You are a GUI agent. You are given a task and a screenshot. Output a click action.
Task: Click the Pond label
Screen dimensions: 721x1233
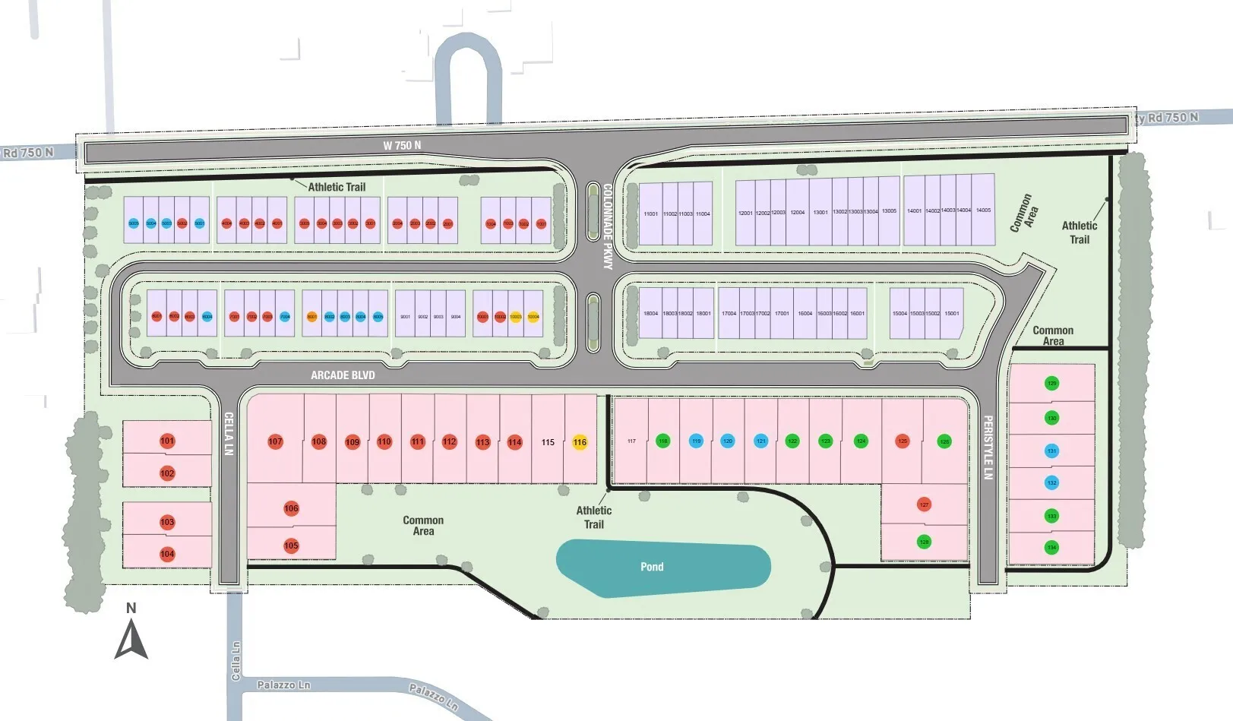pyautogui.click(x=652, y=567)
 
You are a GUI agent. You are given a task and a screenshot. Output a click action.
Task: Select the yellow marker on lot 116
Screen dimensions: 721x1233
pyautogui.click(x=580, y=442)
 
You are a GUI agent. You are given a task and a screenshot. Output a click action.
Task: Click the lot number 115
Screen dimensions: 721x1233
pyautogui.click(x=548, y=442)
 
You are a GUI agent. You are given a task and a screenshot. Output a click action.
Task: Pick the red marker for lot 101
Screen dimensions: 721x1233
pyautogui.click(x=167, y=441)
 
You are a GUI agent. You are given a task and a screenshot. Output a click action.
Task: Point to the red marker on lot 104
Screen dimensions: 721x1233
pyautogui.click(x=167, y=554)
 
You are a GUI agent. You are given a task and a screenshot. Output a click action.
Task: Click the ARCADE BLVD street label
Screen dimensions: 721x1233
pyautogui.click(x=343, y=375)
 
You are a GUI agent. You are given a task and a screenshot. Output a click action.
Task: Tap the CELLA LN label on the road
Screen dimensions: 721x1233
pyautogui.click(x=228, y=434)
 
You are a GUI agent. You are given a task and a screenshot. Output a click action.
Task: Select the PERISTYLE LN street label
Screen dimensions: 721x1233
pyautogui.click(x=988, y=447)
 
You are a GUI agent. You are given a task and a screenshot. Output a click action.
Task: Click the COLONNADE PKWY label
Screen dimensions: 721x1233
pyautogui.click(x=607, y=226)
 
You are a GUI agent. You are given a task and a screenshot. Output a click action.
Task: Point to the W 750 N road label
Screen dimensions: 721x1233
pyautogui.click(x=402, y=145)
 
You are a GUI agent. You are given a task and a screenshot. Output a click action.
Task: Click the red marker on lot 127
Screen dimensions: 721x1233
pyautogui.click(x=924, y=504)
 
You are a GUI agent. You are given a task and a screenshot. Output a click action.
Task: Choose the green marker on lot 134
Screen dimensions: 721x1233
pyautogui.click(x=1051, y=547)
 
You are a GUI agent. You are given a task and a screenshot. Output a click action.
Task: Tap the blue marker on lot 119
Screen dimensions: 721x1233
pyautogui.click(x=696, y=441)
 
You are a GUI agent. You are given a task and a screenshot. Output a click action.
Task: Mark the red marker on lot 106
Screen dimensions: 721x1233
pyautogui.click(x=291, y=508)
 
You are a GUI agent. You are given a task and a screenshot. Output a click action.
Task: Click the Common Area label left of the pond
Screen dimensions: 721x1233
pyautogui.click(x=423, y=526)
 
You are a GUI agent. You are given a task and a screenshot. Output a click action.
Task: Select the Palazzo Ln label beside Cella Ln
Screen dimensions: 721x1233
pyautogui.click(x=283, y=685)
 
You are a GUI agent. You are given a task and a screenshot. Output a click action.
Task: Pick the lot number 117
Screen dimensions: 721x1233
pyautogui.click(x=631, y=441)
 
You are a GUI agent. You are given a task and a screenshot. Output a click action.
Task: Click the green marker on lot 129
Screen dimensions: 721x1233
pyautogui.click(x=1051, y=383)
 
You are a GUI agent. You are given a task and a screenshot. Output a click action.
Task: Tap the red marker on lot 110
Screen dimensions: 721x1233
pyautogui.click(x=384, y=441)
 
